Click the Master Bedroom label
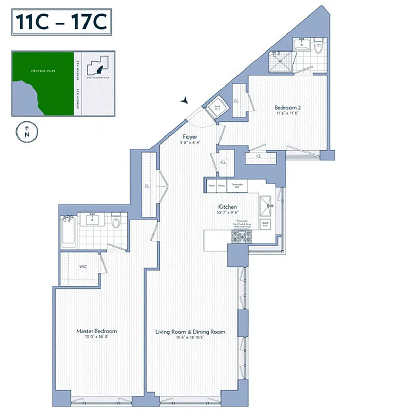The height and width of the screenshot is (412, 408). [96, 331]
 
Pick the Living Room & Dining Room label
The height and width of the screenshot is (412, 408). [190, 332]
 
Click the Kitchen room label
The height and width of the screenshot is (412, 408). [226, 207]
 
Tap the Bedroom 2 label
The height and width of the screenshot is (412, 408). [287, 108]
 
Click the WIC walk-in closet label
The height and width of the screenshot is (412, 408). [83, 267]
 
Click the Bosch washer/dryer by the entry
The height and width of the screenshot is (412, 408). [217, 108]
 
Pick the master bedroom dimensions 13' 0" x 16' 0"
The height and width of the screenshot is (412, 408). [96, 337]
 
